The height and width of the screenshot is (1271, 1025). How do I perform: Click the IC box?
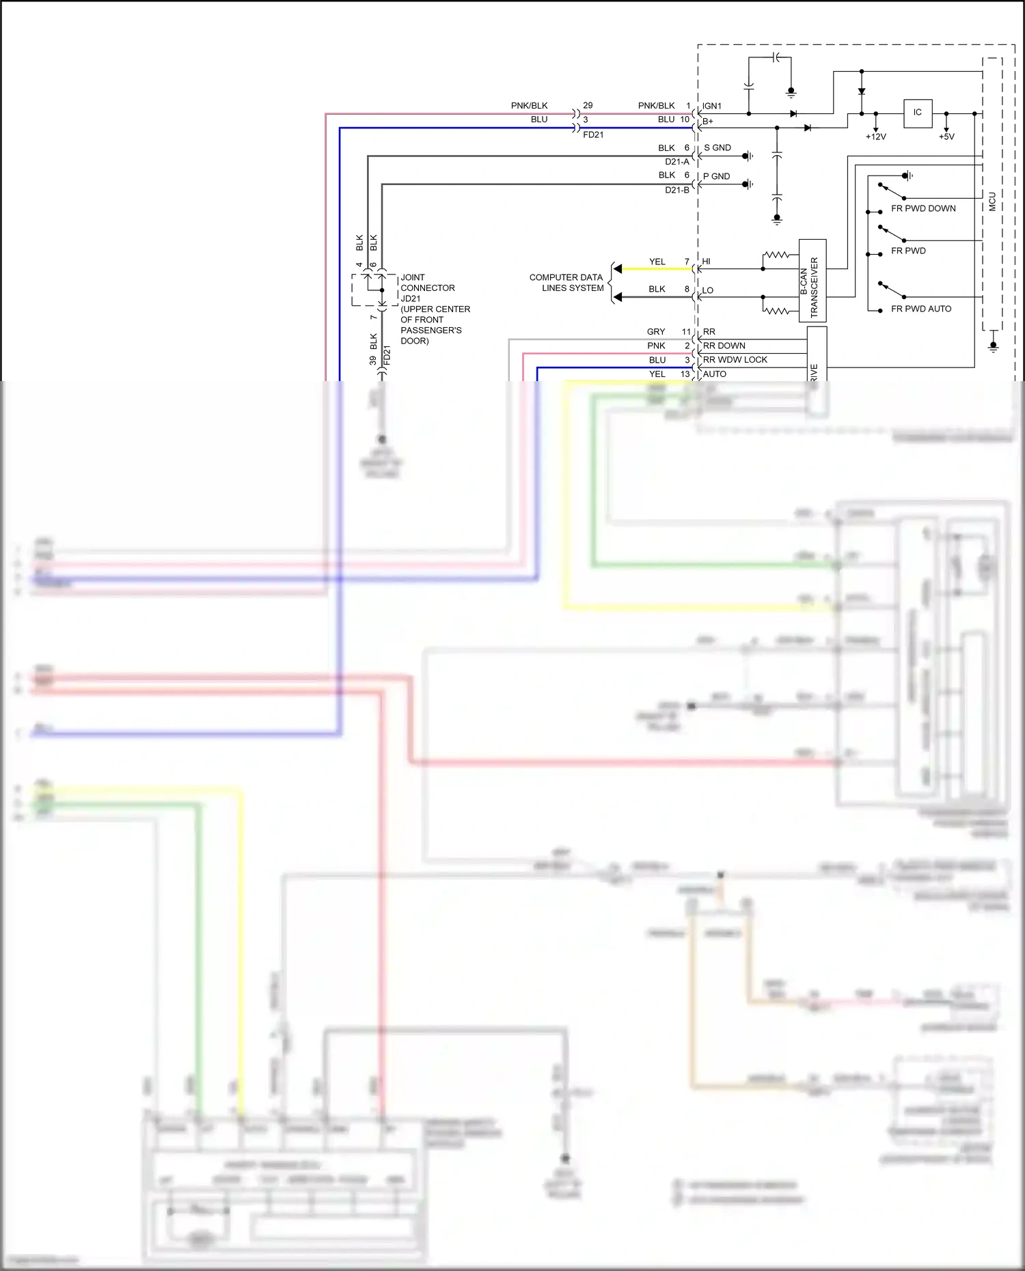pyautogui.click(x=917, y=113)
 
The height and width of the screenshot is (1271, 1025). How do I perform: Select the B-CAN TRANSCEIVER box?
pyautogui.click(x=812, y=281)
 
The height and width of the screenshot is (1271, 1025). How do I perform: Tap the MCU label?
pyautogui.click(x=992, y=201)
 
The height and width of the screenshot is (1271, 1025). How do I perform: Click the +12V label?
pyautogui.click(x=875, y=137)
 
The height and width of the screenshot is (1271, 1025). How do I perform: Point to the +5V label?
pyautogui.click(x=946, y=137)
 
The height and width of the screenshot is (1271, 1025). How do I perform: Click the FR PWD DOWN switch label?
pyautogui.click(x=923, y=208)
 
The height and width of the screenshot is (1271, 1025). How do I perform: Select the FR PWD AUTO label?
pyautogui.click(x=921, y=309)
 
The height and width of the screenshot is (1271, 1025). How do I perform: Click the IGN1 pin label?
pyautogui.click(x=712, y=106)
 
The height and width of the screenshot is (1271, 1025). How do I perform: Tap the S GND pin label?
pyautogui.click(x=717, y=148)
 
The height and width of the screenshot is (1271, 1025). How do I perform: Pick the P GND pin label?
pyautogui.click(x=717, y=176)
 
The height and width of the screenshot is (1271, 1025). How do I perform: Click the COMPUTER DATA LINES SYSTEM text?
pyautogui.click(x=566, y=283)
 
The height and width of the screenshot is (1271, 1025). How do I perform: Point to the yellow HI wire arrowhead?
pyautogui.click(x=617, y=269)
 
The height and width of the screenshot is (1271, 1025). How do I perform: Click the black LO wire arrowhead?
pyautogui.click(x=617, y=297)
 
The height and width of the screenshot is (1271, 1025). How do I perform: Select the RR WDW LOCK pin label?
pyautogui.click(x=735, y=360)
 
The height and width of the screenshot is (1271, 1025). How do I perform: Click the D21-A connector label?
pyautogui.click(x=677, y=162)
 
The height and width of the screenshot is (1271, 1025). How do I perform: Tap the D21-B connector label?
pyautogui.click(x=677, y=190)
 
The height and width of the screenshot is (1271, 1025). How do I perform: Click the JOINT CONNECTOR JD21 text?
pyautogui.click(x=427, y=288)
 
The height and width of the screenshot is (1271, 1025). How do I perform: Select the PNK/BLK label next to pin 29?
pyautogui.click(x=530, y=105)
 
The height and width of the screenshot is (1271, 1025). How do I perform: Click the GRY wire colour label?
pyautogui.click(x=656, y=332)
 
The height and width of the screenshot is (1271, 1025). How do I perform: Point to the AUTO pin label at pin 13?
pyautogui.click(x=715, y=374)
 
